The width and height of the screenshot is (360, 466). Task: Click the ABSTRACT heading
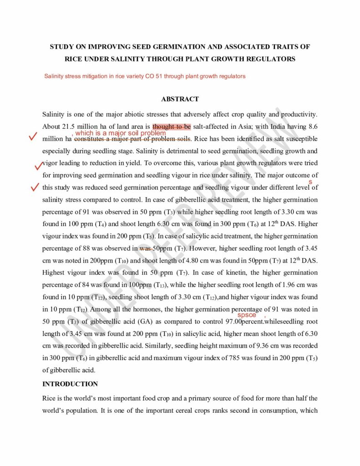180,99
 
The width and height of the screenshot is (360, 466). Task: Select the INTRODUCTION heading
70,384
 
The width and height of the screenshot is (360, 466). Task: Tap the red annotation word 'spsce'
247,315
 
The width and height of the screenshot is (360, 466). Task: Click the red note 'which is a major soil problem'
120,133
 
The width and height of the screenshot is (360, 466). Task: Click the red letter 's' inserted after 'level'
310,182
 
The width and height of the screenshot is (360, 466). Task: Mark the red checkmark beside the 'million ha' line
32,136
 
